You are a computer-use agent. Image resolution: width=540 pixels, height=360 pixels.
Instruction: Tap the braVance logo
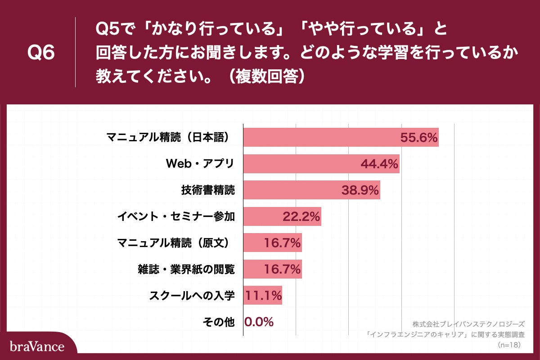[x=37, y=346]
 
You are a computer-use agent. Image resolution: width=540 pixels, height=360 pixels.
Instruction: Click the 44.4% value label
[x=379, y=164]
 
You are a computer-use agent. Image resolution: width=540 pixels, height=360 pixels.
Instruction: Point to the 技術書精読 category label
[x=207, y=190]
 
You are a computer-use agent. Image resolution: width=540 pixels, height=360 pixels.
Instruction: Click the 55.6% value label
[x=419, y=138]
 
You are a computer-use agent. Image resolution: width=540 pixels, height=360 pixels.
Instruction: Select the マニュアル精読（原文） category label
[x=176, y=243]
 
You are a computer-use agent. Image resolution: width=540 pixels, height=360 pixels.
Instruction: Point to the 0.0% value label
[x=259, y=322]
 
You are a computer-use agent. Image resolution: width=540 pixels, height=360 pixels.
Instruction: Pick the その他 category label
[x=219, y=322]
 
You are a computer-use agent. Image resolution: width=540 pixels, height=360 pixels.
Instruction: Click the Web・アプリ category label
[x=200, y=164]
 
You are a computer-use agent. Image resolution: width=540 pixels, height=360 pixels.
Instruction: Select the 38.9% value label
[x=360, y=191]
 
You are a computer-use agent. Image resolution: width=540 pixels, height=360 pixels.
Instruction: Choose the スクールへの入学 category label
[x=192, y=296]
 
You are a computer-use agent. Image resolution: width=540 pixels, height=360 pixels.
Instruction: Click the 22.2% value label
[x=301, y=217]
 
